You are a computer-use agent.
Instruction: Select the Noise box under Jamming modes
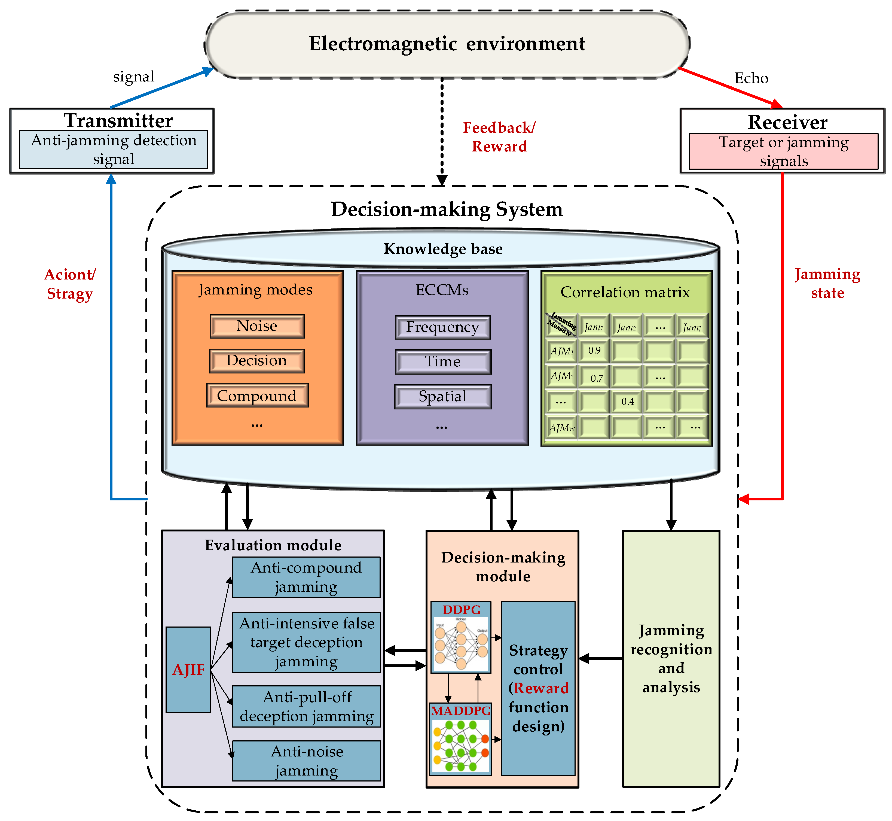click(257, 326)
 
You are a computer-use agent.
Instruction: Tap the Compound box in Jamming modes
click(257, 396)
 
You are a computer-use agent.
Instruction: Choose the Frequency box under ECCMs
click(443, 327)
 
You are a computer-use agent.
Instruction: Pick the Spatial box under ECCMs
click(443, 396)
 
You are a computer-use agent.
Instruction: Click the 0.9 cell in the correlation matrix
click(594, 351)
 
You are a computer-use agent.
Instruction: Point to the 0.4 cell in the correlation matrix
click(627, 402)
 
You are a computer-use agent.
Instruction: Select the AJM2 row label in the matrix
click(562, 376)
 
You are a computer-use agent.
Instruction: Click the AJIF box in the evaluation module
click(188, 670)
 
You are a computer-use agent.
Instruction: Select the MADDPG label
click(461, 711)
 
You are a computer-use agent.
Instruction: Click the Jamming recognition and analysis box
click(671, 659)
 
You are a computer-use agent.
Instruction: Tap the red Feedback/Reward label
click(499, 137)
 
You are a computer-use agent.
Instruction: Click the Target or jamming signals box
click(783, 151)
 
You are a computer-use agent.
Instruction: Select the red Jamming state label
click(827, 284)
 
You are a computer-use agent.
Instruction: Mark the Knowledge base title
click(443, 249)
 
